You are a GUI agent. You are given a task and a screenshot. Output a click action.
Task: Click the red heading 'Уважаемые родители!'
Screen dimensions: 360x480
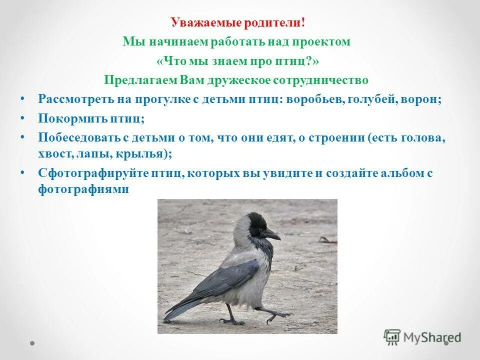click(x=237, y=22)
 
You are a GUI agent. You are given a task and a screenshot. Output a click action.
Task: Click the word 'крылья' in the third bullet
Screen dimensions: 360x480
click(x=146, y=154)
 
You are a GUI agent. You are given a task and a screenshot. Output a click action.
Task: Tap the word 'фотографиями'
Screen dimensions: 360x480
click(x=84, y=190)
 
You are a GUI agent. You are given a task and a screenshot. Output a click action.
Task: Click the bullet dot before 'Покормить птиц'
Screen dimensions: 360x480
click(x=22, y=117)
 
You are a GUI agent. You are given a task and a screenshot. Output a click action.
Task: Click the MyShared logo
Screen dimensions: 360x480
click(x=422, y=337)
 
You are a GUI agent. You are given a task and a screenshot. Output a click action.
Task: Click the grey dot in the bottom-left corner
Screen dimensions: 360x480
click(x=32, y=343)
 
